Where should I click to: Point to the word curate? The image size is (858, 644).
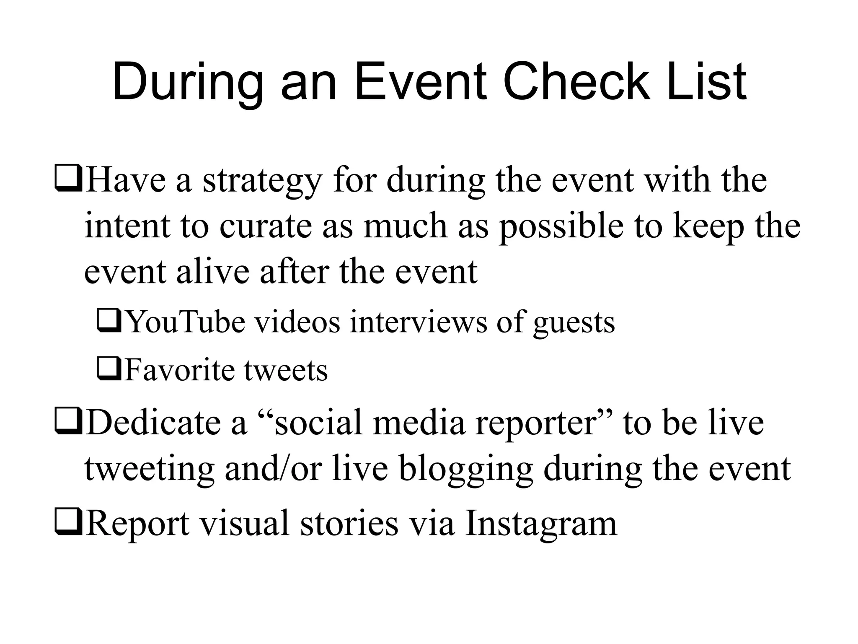pos(265,226)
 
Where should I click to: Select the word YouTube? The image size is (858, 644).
pos(186,322)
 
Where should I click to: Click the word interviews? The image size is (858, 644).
pos(419,322)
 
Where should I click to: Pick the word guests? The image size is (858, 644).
pos(574,323)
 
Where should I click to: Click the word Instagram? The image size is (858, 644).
pos(541,524)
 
